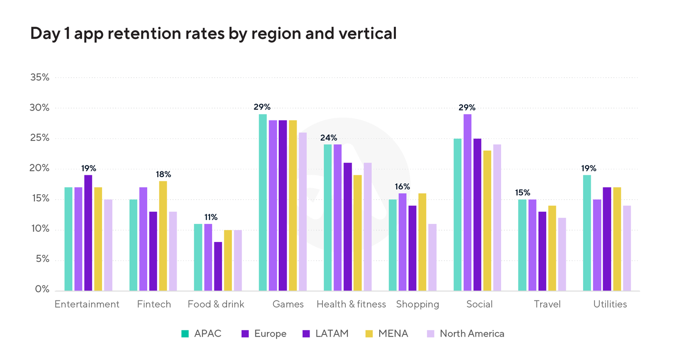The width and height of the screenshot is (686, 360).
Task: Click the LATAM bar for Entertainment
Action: point(88,233)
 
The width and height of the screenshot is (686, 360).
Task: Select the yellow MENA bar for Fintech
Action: point(163,236)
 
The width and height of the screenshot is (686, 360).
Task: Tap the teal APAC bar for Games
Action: point(263,202)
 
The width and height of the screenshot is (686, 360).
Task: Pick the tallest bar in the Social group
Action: point(467,202)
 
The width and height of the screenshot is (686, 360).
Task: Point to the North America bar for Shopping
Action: point(432,257)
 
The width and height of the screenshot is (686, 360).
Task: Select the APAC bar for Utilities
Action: point(587,233)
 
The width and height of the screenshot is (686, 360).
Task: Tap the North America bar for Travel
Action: point(562,254)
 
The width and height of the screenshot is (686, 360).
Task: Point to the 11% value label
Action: point(211,217)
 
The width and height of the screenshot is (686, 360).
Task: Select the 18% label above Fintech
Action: point(163,174)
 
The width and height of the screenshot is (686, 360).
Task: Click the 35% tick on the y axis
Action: point(39,77)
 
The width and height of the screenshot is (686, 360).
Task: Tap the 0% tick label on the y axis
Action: point(42,290)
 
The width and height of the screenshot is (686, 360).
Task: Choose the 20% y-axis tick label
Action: point(39,169)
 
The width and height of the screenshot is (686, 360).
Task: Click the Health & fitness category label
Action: point(351,304)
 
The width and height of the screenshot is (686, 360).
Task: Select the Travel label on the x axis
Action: point(547,304)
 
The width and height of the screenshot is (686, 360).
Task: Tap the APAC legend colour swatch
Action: point(185,334)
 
